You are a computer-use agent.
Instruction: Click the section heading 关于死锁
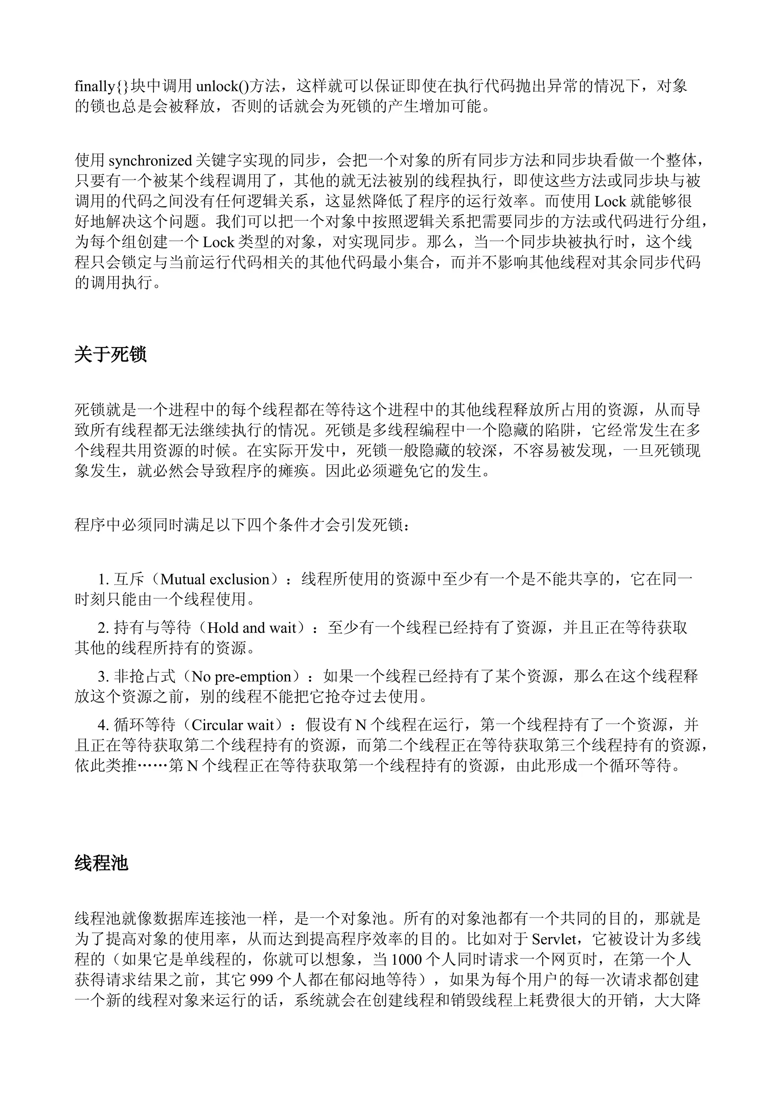110,355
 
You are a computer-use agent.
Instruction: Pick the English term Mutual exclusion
215,579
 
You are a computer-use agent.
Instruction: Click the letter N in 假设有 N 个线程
360,725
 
